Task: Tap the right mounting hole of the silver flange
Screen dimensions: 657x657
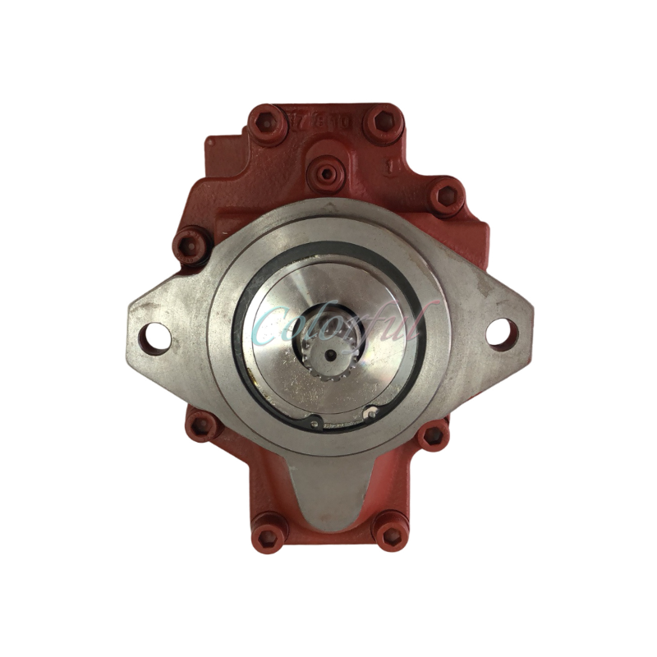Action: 498,333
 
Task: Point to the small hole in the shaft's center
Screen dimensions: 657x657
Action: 330,356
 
